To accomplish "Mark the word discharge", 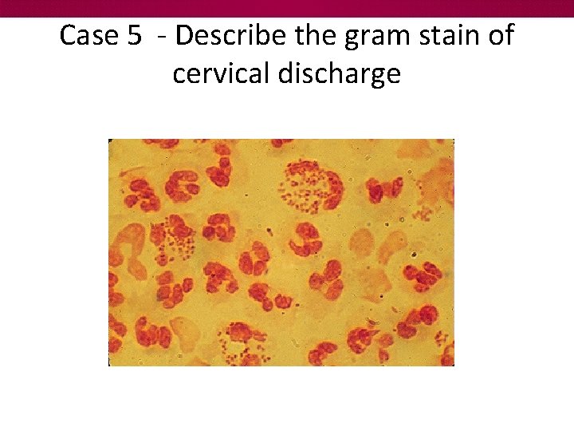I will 340,74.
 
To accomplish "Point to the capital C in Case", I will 69,36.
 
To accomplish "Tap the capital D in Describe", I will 185,36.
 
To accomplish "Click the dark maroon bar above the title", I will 287,8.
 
